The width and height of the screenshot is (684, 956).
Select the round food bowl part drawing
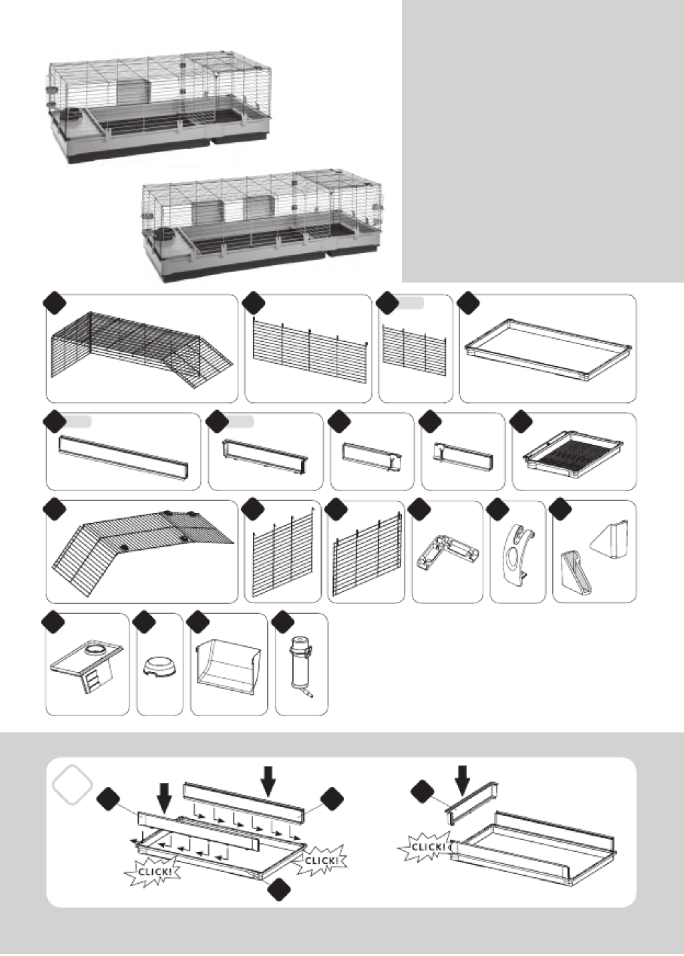click(x=160, y=666)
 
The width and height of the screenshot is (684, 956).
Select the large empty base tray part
click(x=548, y=349)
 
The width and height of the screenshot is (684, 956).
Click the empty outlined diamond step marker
click(x=72, y=784)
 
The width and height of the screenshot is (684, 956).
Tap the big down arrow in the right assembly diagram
click(x=462, y=780)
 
